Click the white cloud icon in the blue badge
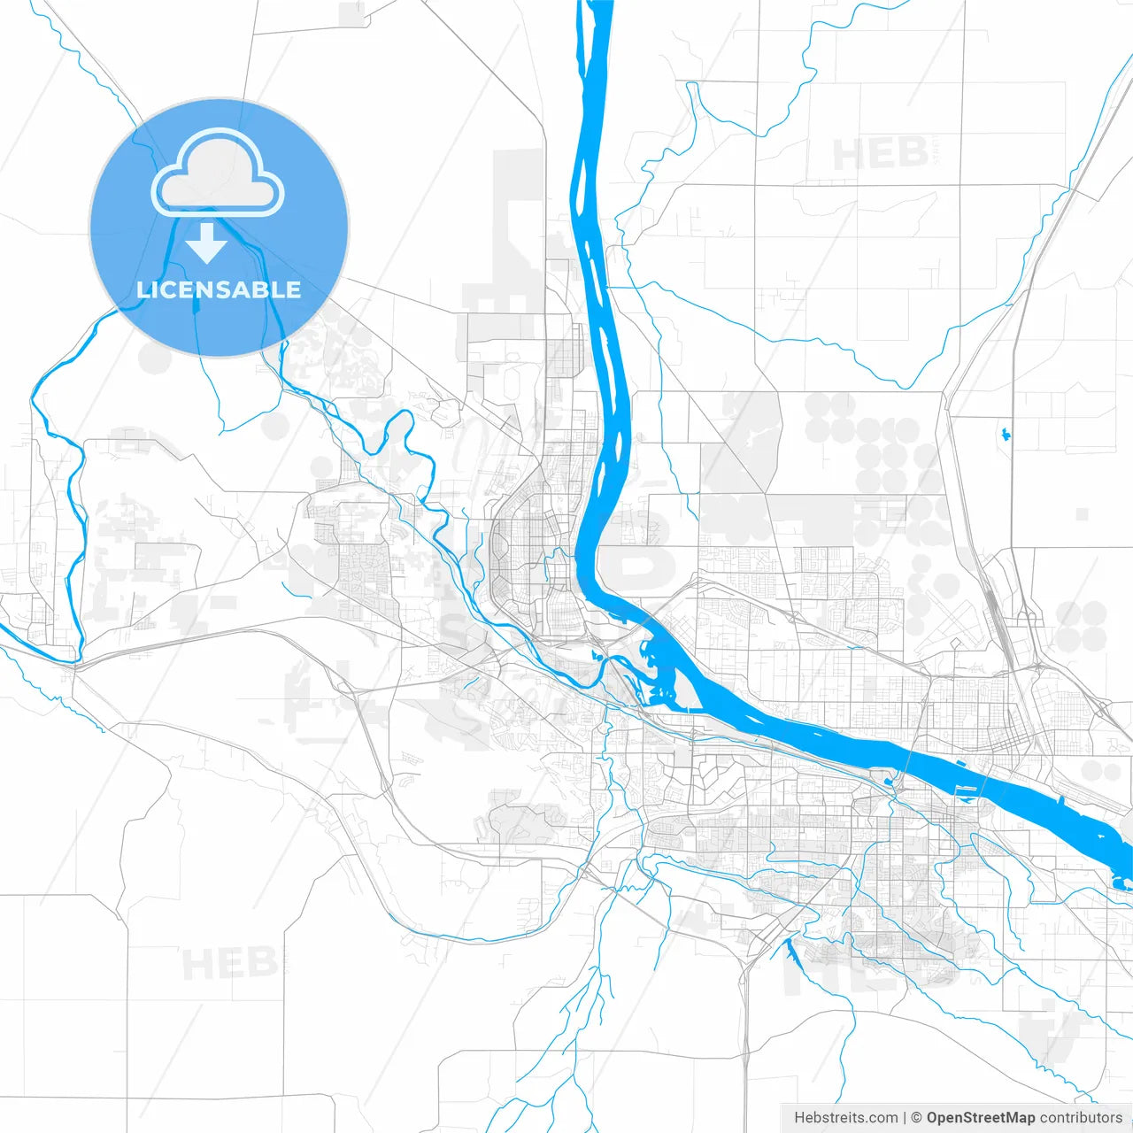(218, 174)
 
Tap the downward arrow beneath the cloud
(206, 243)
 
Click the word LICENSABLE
(219, 289)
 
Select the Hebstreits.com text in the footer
(845, 1117)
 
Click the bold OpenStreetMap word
(980, 1117)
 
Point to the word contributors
(1081, 1117)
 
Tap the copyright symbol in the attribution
(917, 1117)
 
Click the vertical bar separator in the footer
(905, 1117)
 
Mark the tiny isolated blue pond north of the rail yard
(1006, 434)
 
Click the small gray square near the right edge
(1082, 514)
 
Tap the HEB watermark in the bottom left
(228, 962)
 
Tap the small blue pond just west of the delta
(595, 656)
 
